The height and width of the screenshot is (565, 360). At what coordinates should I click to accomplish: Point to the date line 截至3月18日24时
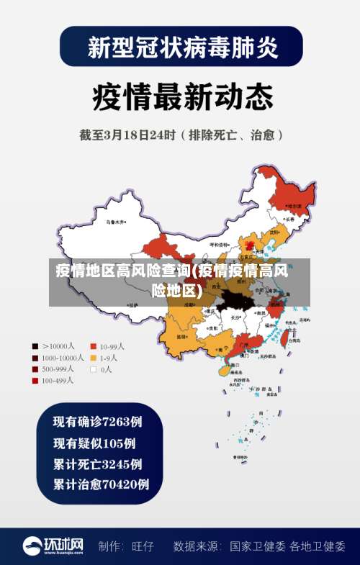(181, 134)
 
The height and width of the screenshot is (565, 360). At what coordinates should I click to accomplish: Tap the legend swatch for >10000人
(35, 346)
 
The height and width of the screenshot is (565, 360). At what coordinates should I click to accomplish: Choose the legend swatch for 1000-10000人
(35, 358)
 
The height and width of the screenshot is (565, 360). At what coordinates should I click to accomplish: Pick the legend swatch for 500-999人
(35, 369)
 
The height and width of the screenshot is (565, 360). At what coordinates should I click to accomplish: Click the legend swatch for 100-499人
(35, 381)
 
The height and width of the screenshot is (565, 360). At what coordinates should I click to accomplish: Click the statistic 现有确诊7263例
(97, 421)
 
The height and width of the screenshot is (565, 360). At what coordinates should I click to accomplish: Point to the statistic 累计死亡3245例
(97, 464)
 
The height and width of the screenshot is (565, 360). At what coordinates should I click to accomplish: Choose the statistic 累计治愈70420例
(101, 484)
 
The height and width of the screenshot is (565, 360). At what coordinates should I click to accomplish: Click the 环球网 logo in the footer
(54, 546)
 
